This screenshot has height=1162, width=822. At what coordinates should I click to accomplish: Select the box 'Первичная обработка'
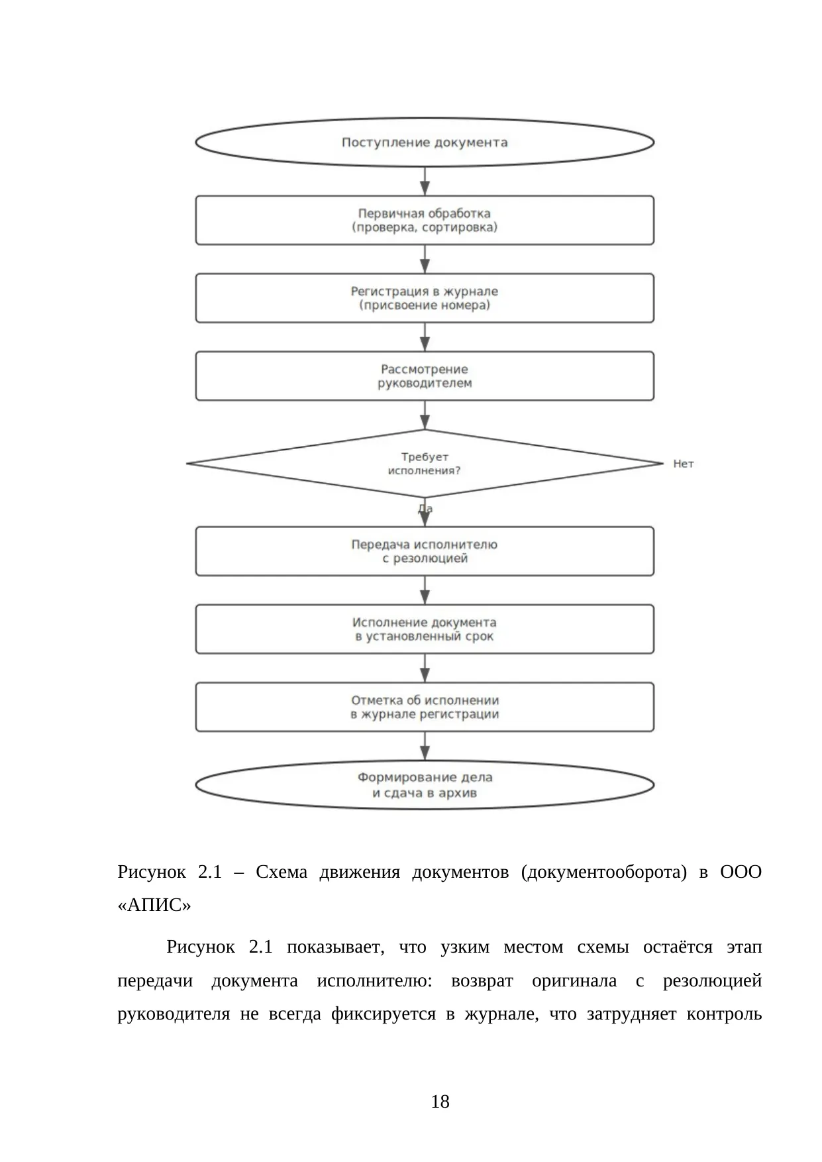coord(425,220)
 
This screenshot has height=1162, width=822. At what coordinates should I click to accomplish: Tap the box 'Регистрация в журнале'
coord(425,298)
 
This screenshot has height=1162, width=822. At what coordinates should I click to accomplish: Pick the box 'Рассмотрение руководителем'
coord(425,376)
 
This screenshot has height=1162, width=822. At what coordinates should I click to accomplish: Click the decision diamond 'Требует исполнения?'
coord(425,464)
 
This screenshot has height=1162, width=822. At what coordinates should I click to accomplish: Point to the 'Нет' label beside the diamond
coord(684,464)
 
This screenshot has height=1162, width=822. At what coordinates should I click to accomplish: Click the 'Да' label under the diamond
coord(425,509)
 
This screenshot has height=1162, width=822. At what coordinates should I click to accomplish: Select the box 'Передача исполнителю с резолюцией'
coord(425,551)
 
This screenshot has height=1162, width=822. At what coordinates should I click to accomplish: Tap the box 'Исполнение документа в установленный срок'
coord(425,629)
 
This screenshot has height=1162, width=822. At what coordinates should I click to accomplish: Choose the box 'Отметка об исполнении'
coord(425,707)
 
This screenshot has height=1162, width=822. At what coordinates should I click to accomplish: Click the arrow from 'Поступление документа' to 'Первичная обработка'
coord(425,181)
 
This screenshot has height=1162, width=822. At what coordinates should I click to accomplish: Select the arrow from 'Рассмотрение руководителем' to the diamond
coord(425,415)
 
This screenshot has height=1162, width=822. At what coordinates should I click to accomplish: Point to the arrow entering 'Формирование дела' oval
coord(425,746)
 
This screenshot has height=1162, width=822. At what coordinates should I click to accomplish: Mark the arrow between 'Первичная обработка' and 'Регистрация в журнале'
coord(425,259)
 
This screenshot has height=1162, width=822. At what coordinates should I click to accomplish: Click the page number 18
coord(440,1102)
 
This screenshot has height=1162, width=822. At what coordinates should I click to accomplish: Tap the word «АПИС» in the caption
coord(154,905)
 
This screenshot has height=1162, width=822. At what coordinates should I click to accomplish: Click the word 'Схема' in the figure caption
coord(282,872)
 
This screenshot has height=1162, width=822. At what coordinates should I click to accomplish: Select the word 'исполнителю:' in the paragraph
coord(375,981)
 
